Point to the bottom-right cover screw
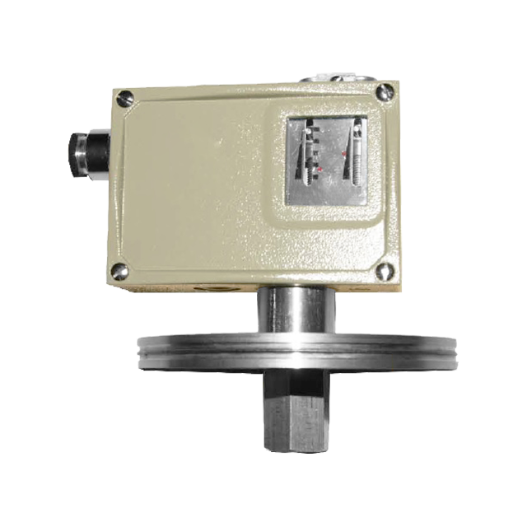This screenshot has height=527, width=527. (x=384, y=269)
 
